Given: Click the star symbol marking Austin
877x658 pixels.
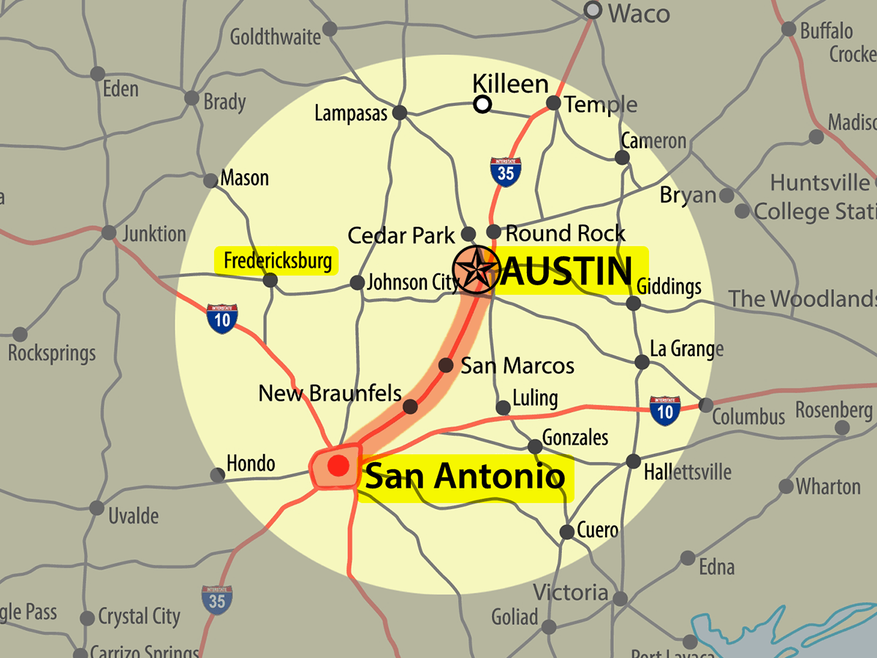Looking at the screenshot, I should click(475, 269).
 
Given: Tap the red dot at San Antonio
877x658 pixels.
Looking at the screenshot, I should click(338, 465).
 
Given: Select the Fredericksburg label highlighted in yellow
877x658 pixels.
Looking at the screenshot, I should click(277, 260).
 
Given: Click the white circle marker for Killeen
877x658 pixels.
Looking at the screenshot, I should click(482, 105).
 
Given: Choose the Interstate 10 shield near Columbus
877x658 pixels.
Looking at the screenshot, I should click(665, 410).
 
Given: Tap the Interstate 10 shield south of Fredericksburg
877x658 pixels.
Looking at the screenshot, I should click(221, 319).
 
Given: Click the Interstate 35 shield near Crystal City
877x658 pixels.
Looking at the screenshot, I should click(218, 599).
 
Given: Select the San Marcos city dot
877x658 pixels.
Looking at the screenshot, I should click(445, 365).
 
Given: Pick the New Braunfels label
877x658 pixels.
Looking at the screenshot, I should click(330, 393).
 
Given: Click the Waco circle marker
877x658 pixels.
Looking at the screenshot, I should click(593, 10).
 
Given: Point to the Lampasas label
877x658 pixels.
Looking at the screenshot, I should click(351, 114).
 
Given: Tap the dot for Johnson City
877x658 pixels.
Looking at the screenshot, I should click(357, 282).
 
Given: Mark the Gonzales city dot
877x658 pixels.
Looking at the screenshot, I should click(535, 446).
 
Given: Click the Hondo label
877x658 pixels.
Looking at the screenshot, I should click(251, 464).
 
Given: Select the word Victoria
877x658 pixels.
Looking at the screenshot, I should click(570, 592).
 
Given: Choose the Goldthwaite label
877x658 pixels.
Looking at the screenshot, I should click(276, 37).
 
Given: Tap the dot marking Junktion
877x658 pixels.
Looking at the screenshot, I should click(108, 233).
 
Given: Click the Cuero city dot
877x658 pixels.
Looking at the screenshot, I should click(566, 532).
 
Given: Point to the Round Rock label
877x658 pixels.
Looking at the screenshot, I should click(566, 233).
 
